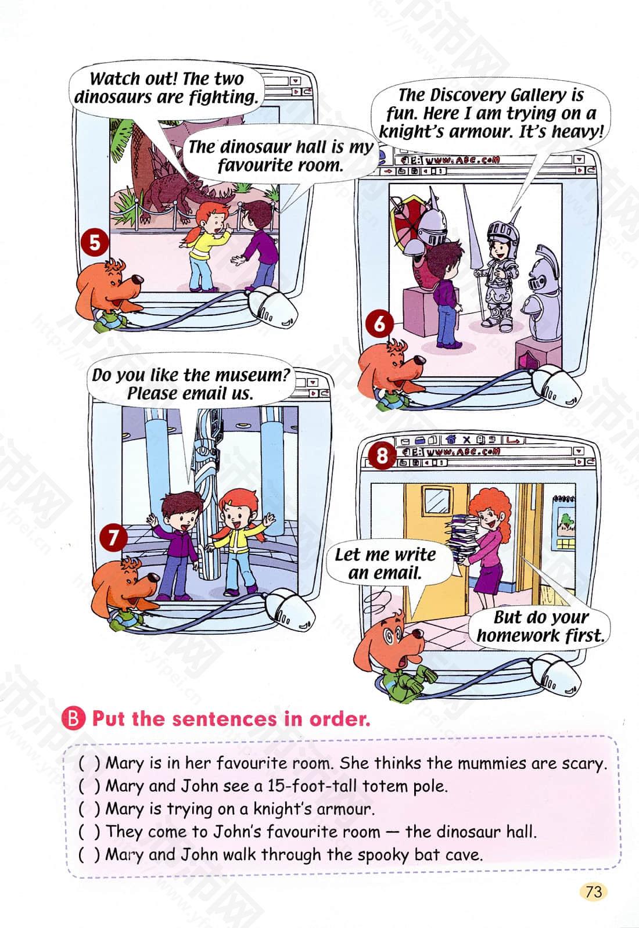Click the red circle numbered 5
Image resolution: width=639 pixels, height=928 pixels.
95,242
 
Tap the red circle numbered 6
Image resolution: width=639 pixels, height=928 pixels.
379,324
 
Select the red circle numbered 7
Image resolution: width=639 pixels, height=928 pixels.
113,538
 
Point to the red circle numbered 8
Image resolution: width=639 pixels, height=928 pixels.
382,456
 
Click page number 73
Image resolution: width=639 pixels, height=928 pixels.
594,891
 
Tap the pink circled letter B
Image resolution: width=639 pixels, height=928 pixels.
73,719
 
